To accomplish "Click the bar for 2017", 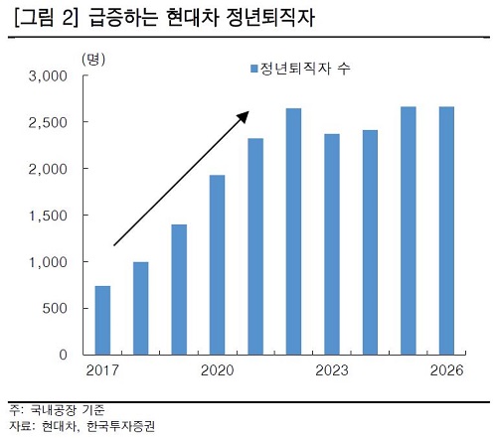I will point(102,320).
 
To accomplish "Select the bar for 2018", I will point(140,308).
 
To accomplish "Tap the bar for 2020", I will point(217,264).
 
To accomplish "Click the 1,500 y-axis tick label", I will point(46,216).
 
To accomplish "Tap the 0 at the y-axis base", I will point(62,355).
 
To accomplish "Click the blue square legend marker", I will point(251,69).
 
